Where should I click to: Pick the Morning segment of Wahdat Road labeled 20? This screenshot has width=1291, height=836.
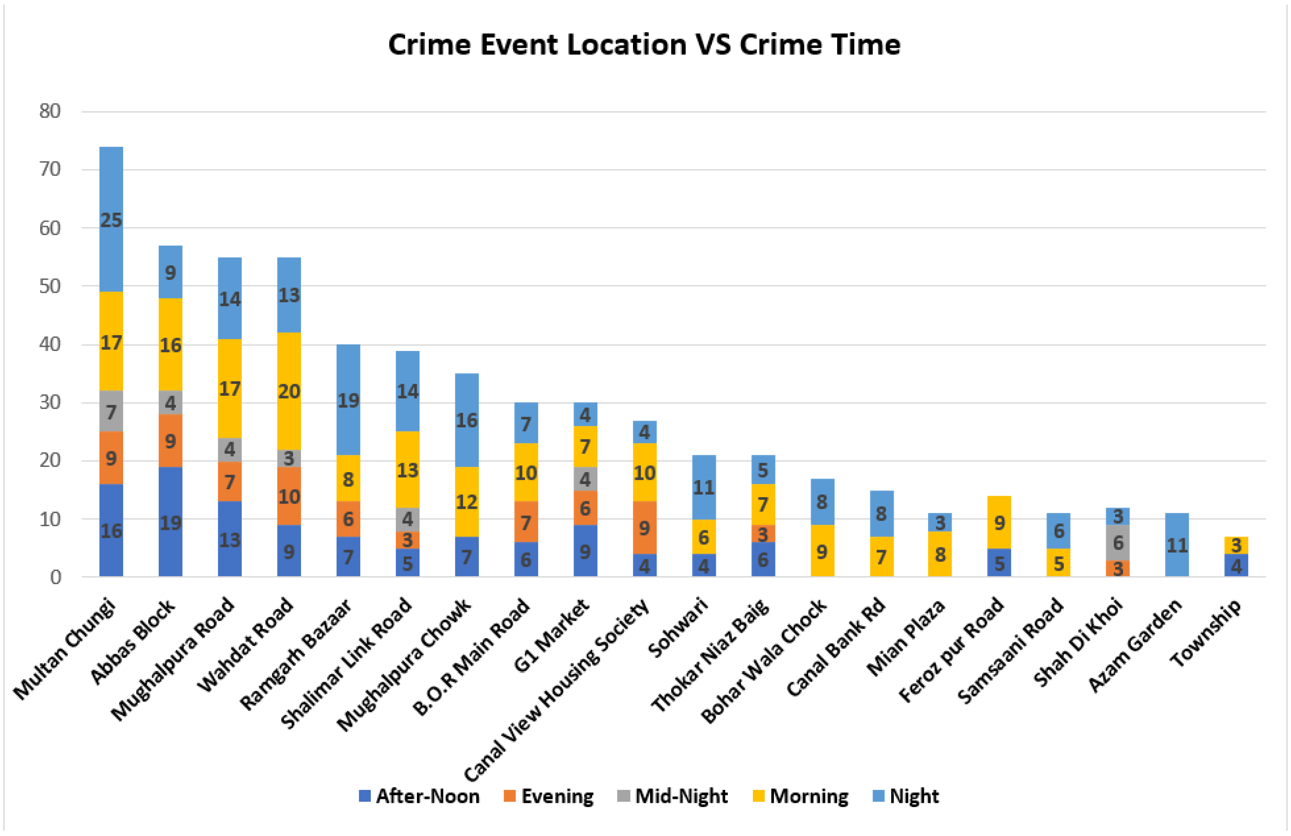(x=289, y=391)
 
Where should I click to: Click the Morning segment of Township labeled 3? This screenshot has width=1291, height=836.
(x=1236, y=545)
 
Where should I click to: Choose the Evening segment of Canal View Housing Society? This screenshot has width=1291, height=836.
(x=645, y=527)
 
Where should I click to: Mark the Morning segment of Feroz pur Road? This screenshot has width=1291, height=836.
(x=999, y=522)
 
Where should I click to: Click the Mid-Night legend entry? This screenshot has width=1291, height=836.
(x=673, y=796)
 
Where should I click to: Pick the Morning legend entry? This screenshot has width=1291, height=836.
(x=801, y=796)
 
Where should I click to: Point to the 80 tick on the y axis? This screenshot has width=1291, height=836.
(x=50, y=111)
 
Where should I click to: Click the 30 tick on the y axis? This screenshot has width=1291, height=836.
(x=50, y=402)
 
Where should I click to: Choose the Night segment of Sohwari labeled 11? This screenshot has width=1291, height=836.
(x=704, y=487)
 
